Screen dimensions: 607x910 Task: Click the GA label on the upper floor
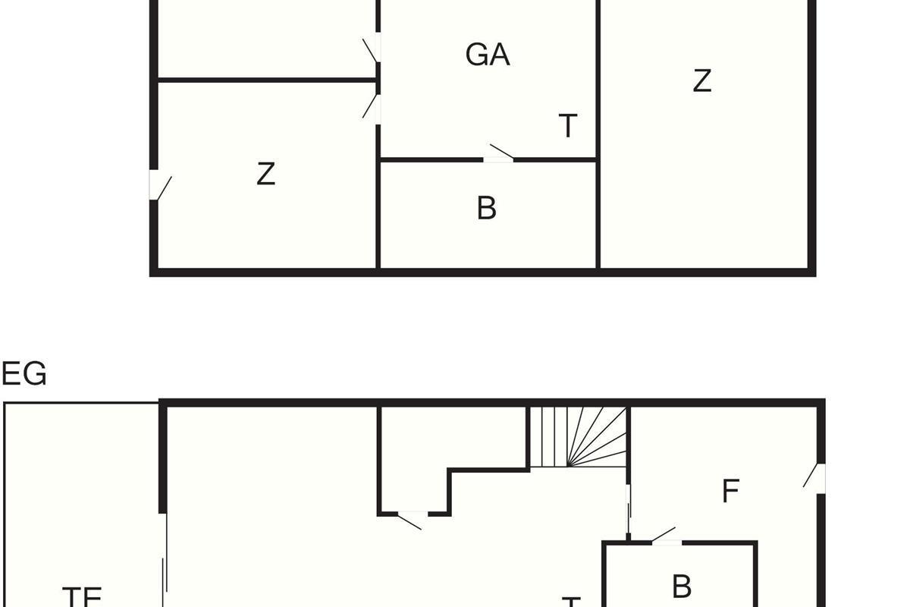tap(488, 55)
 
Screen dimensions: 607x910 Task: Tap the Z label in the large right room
tap(702, 80)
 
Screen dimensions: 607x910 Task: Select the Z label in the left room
tap(265, 174)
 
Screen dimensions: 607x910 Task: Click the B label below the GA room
tap(487, 208)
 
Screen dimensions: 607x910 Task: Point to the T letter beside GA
tap(568, 126)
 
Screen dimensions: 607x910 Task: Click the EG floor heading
tap(24, 374)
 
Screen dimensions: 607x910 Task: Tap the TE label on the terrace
tap(82, 596)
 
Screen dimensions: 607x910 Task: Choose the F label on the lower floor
tap(730, 492)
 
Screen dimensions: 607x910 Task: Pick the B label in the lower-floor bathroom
tap(682, 587)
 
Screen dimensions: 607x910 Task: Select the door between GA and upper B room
tap(500, 155)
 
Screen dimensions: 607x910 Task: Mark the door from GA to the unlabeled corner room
tap(372, 49)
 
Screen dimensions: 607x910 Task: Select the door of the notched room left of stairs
tap(412, 518)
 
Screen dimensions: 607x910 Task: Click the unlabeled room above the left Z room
tap(265, 38)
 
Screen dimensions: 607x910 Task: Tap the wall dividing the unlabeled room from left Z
tap(265, 79)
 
